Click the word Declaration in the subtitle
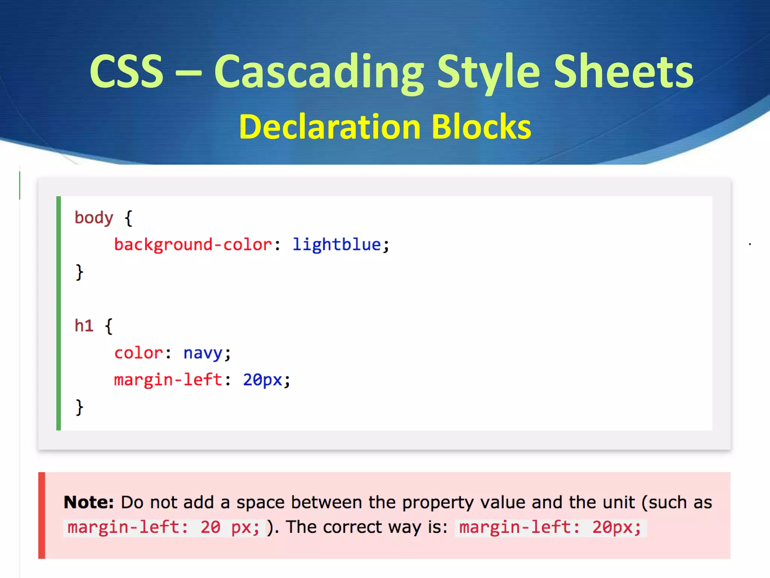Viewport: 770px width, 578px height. pyautogui.click(x=330, y=127)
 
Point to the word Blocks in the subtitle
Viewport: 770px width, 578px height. pyautogui.click(x=481, y=127)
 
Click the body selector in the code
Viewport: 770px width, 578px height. pyautogui.click(x=94, y=218)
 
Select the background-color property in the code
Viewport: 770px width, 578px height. pyautogui.click(x=193, y=245)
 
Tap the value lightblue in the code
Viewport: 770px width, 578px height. pyautogui.click(x=336, y=245)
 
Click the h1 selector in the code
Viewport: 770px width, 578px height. pyautogui.click(x=84, y=326)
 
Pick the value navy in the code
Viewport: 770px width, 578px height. pyautogui.click(x=203, y=353)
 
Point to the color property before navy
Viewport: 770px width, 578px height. pyautogui.click(x=138, y=353)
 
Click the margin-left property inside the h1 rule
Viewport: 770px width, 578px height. pyautogui.click(x=168, y=380)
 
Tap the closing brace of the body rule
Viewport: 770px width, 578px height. pyautogui.click(x=79, y=272)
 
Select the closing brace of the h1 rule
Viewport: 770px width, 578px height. pyautogui.click(x=79, y=408)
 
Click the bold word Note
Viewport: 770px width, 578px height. pyautogui.click(x=89, y=502)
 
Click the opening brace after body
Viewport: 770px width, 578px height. pyautogui.click(x=129, y=219)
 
